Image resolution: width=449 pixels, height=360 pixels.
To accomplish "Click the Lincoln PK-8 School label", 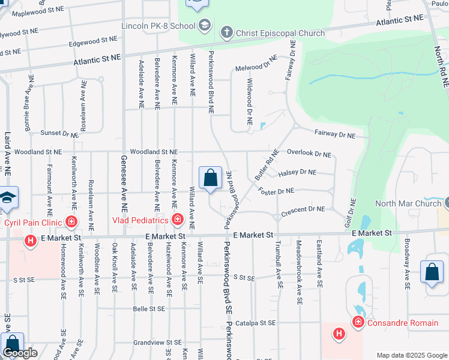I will (158, 26).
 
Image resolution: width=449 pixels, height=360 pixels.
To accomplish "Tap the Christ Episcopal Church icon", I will (226, 32).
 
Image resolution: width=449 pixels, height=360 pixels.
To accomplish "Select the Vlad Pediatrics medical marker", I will (177, 220).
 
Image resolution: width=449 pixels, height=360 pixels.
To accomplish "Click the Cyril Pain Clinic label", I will (34, 223).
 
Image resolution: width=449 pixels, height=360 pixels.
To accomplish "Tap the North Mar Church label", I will (408, 203).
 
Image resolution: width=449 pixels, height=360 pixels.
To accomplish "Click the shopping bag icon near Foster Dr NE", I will (210, 178).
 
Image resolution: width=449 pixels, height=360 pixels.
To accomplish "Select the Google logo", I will (20, 353).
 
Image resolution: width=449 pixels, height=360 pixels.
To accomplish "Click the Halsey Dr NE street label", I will (297, 173).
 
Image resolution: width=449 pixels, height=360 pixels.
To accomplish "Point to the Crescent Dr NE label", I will (303, 209).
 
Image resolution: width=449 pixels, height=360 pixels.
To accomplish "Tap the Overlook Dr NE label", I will (309, 154).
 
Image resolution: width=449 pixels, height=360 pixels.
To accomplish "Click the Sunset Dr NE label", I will (59, 133).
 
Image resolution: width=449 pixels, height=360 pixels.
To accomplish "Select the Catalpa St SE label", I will (256, 323).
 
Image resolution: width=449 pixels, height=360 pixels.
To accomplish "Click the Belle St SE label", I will (149, 309).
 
